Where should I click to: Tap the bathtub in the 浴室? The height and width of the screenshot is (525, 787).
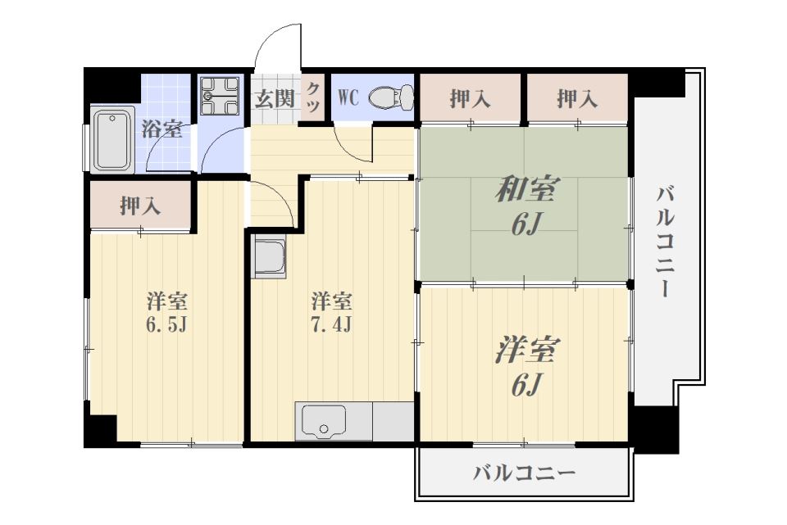click(x=111, y=139)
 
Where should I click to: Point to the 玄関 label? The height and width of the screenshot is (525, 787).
click(x=274, y=99)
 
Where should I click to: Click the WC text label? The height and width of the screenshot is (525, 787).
click(x=348, y=98)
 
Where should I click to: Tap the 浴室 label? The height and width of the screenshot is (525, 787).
click(x=162, y=129)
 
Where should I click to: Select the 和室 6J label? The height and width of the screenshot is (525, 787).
click(x=525, y=205)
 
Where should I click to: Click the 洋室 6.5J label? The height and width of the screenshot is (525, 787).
click(x=167, y=310)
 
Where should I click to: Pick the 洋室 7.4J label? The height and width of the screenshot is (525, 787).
click(x=331, y=310)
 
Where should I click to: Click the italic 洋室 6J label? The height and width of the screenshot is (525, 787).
click(x=525, y=365)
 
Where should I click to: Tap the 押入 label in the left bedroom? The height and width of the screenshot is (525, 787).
click(x=140, y=206)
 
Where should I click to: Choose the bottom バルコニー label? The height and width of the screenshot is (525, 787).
click(x=524, y=473)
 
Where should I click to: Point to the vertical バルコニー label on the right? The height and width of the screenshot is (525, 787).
click(x=666, y=242)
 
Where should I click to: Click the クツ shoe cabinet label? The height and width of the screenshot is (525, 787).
click(x=313, y=98)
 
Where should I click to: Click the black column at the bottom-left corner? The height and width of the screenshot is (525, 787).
click(x=102, y=430)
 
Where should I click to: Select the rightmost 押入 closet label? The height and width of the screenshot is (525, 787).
click(x=577, y=99)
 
